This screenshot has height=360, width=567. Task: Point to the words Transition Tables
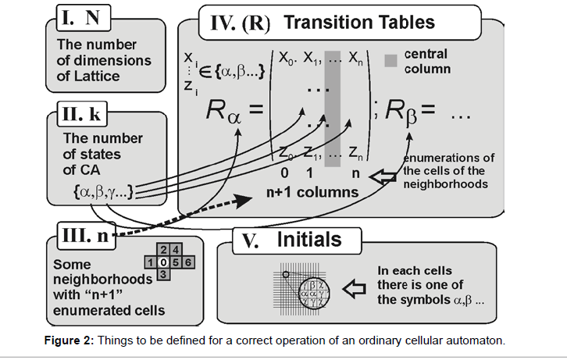click(358, 21)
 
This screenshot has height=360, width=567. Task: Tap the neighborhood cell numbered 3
click(161, 275)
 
